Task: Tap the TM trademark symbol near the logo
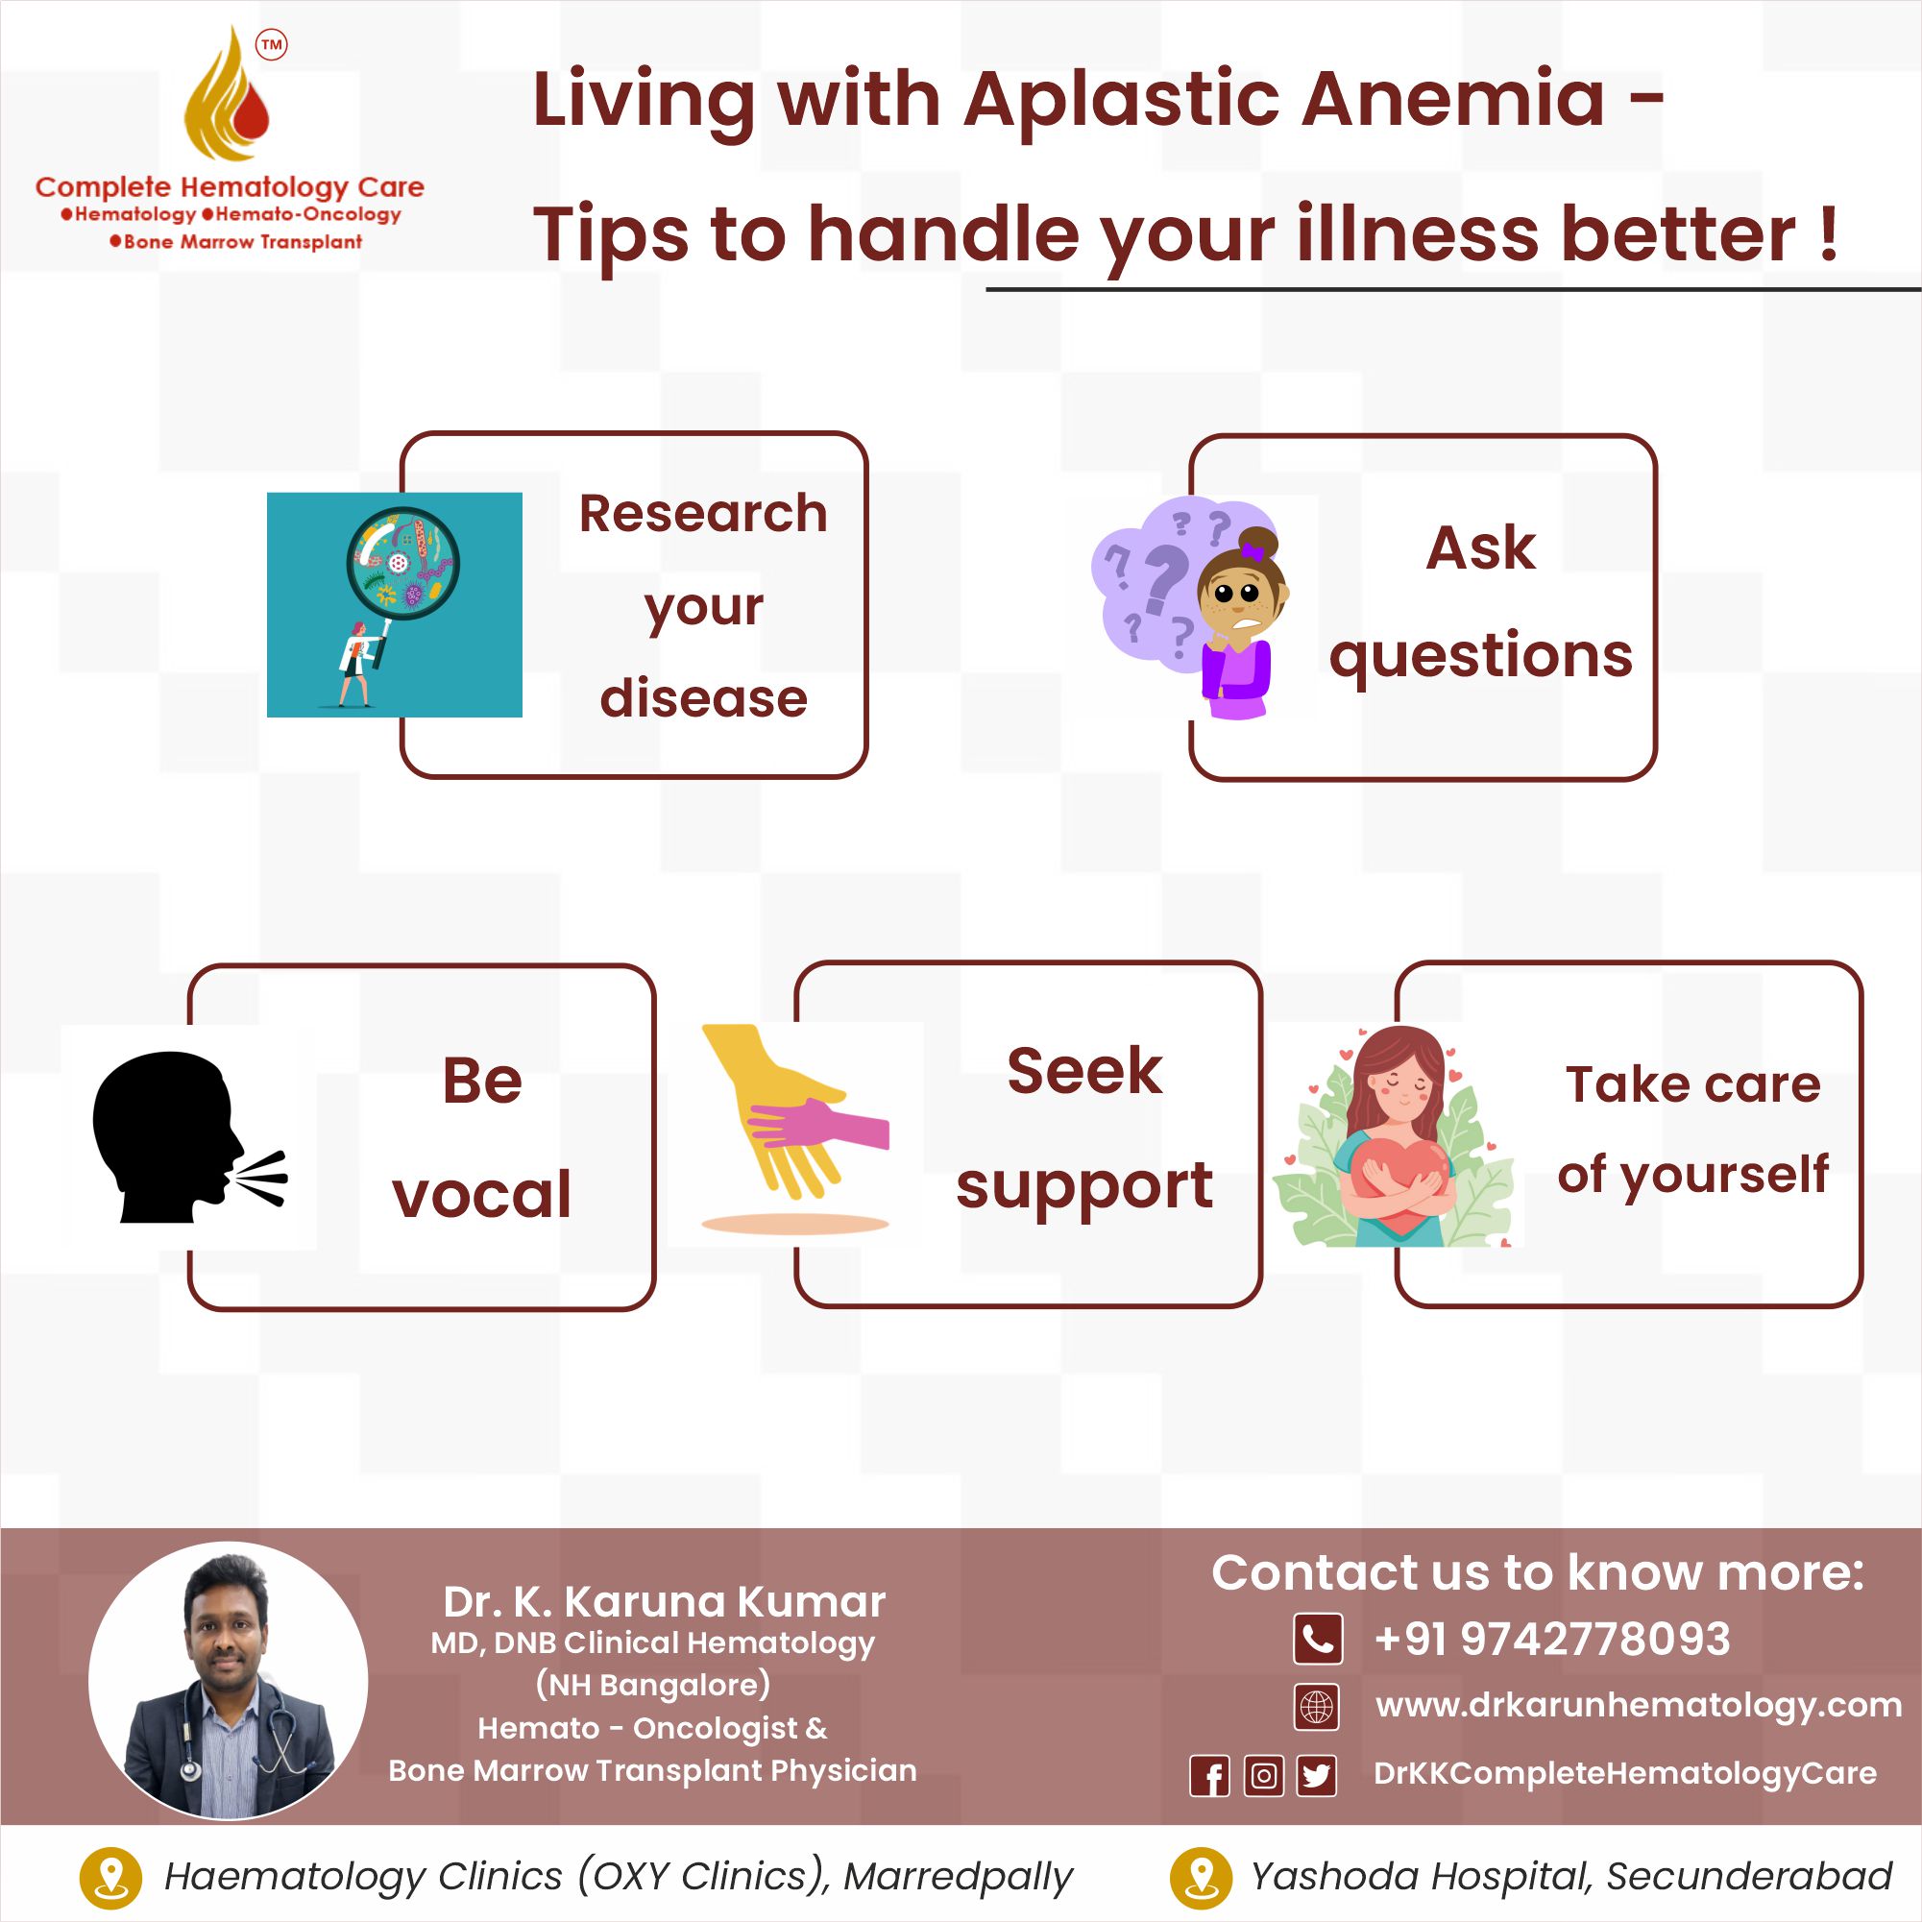(x=272, y=45)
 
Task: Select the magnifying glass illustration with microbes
(x=402, y=565)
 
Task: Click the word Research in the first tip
(x=703, y=514)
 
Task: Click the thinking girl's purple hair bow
(x=1253, y=551)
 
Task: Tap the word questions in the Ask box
(x=1481, y=658)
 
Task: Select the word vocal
(x=482, y=1194)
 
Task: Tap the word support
(x=1084, y=1188)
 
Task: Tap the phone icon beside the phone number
(x=1318, y=1639)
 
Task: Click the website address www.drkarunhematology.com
(x=1639, y=1705)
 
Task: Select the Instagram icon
(x=1263, y=1776)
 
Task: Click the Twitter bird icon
(x=1317, y=1776)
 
